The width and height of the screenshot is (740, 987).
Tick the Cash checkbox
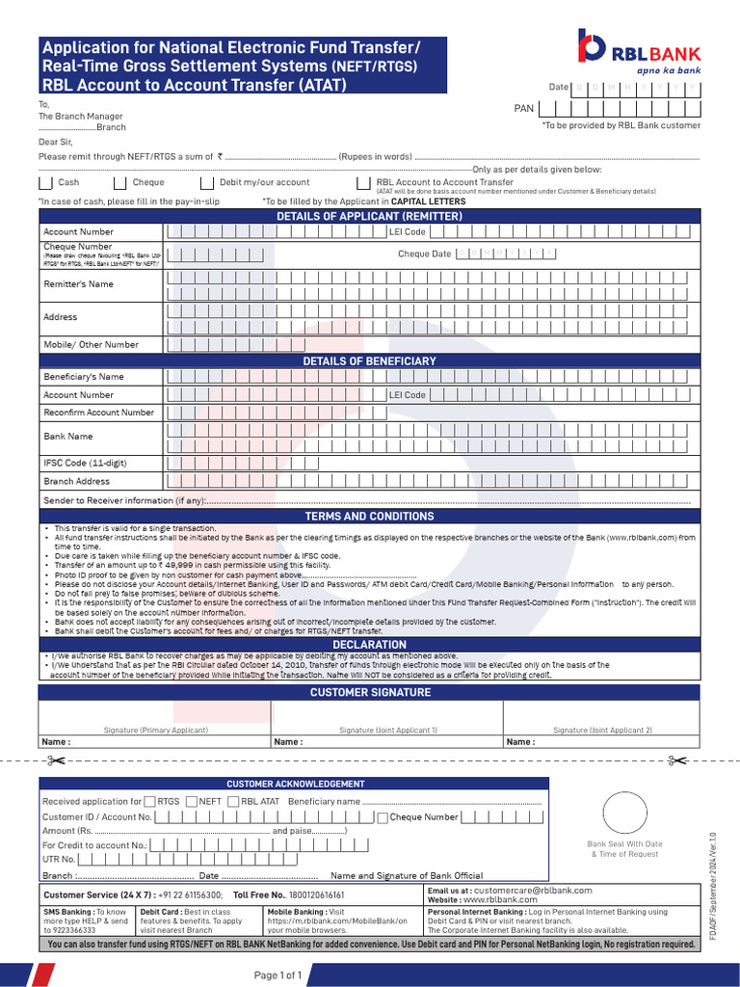(44, 182)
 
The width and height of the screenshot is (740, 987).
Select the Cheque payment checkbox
(119, 182)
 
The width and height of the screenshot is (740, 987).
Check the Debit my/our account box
(206, 182)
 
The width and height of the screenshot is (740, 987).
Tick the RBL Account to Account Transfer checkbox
(362, 182)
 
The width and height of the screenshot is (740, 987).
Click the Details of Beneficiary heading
(369, 360)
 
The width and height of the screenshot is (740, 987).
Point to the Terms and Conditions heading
(369, 516)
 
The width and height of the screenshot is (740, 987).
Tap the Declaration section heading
(369, 644)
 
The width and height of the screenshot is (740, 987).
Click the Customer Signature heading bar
(369, 692)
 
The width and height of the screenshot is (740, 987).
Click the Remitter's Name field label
(78, 284)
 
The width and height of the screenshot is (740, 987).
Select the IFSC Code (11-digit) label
(85, 463)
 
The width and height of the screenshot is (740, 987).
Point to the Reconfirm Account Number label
(98, 413)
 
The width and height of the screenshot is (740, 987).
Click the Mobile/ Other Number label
(91, 344)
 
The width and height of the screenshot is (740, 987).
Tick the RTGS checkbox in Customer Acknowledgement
(150, 801)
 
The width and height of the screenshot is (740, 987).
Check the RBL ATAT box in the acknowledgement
(233, 801)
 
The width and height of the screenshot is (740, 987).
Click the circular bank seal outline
(625, 814)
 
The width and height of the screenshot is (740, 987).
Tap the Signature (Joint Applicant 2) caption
(602, 731)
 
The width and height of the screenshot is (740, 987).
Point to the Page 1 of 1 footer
(278, 975)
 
